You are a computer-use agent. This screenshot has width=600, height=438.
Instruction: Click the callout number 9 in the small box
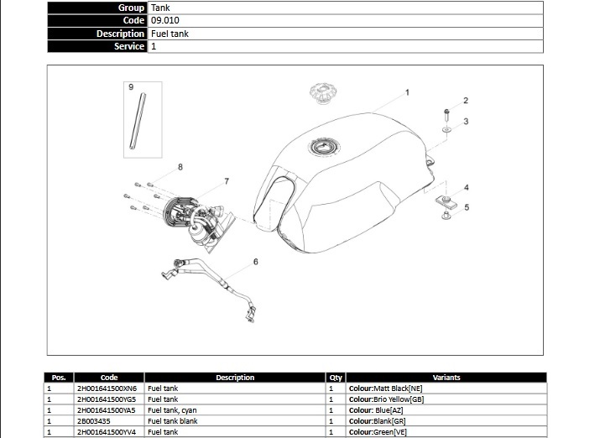[131, 87]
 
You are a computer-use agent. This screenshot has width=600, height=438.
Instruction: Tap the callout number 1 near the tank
[407, 92]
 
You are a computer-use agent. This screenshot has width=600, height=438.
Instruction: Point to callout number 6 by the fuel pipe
[256, 262]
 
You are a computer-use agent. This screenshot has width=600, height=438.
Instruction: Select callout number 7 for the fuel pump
[227, 181]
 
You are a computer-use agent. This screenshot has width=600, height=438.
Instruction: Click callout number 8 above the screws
[180, 167]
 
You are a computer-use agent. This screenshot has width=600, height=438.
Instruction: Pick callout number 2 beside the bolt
[466, 101]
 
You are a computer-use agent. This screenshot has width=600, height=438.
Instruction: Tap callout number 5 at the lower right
[467, 207]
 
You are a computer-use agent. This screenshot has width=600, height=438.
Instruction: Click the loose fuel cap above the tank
[323, 93]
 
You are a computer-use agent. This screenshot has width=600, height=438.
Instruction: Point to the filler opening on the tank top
[324, 147]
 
